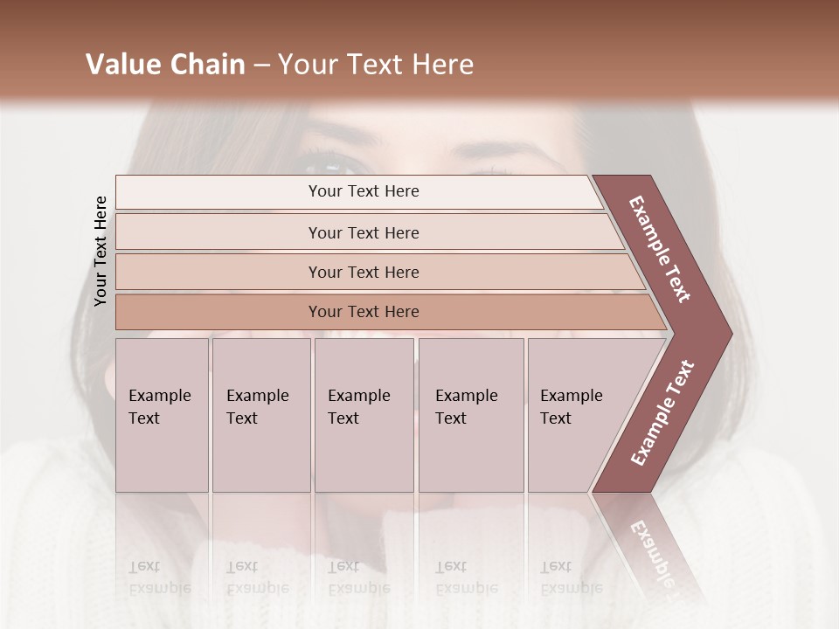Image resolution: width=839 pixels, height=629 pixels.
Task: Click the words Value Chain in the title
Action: [165, 65]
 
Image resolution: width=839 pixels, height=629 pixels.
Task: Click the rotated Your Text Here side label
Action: [101, 251]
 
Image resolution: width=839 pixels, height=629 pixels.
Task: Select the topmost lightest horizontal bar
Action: [358, 191]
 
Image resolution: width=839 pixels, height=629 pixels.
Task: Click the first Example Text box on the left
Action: [162, 415]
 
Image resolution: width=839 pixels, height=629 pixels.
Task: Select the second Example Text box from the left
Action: [261, 415]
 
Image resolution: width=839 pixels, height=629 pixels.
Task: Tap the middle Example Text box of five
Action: [364, 415]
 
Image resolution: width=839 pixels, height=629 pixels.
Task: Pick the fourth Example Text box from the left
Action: [471, 415]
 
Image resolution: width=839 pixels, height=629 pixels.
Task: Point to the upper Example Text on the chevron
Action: [660, 249]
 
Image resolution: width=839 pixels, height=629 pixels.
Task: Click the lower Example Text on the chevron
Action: [662, 412]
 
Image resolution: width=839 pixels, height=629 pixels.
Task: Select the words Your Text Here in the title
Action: [376, 65]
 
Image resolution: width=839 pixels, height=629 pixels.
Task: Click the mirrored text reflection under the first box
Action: [159, 577]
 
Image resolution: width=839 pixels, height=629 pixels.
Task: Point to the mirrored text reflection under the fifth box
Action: [571, 577]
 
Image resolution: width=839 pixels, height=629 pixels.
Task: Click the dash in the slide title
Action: [261, 66]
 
